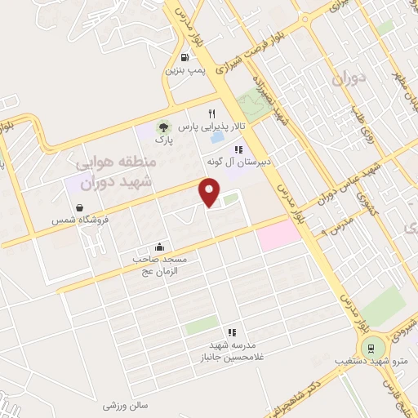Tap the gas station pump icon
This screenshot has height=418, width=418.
tap(185, 57)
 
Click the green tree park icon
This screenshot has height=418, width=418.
tap(162, 127)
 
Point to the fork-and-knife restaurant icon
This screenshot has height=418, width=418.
tap(212, 113)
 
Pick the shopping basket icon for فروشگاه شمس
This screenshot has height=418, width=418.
tap(78, 207)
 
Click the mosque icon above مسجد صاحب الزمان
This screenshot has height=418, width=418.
tap(160, 247)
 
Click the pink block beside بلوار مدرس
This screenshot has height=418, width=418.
tap(278, 237)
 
